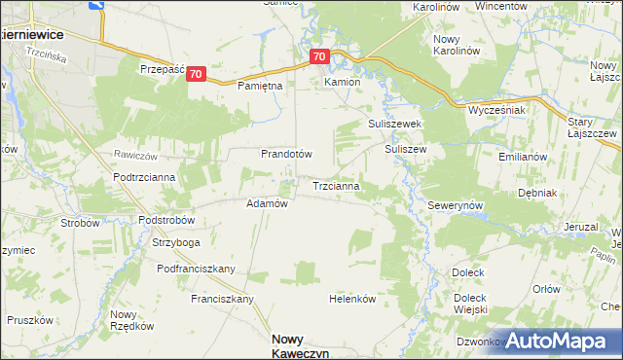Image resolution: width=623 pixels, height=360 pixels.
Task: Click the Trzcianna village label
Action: pos(337,185)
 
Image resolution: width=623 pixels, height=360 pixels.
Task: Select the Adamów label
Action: pos(267,204)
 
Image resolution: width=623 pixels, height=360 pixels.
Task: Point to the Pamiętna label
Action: pos(260,86)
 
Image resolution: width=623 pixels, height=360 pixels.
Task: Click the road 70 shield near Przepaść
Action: pos(197,74)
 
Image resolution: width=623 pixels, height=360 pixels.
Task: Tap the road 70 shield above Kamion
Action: pos(321,57)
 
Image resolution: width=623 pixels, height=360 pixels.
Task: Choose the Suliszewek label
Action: pos(393,125)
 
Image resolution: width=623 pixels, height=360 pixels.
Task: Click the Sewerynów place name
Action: pos(456,207)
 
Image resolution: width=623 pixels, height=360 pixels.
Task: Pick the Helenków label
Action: pos(352,299)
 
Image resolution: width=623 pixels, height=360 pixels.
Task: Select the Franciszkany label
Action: pos(222,299)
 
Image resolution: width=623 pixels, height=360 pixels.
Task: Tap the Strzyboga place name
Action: pos(176,242)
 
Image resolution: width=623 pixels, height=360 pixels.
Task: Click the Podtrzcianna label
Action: pos(143,176)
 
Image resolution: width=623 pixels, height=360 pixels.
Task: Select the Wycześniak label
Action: pos(496,110)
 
